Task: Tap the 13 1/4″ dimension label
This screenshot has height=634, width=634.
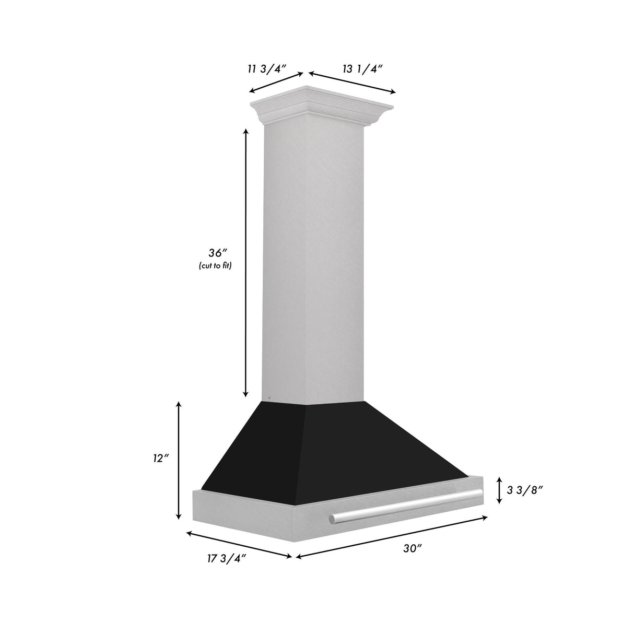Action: [x=363, y=69]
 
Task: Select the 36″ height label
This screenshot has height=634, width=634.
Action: [x=215, y=253]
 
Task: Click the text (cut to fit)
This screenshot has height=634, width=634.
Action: [x=215, y=266]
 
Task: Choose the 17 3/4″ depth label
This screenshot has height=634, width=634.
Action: [x=226, y=573]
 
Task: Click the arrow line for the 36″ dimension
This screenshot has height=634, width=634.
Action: [x=245, y=261]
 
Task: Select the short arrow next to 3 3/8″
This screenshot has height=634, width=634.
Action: [x=499, y=489]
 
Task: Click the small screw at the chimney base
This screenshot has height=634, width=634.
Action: [x=268, y=397]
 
